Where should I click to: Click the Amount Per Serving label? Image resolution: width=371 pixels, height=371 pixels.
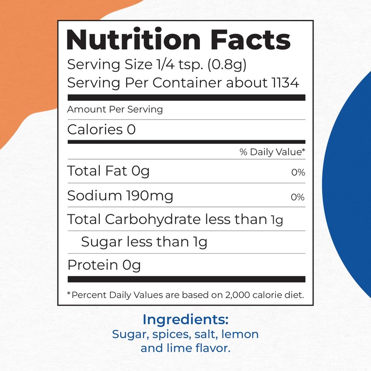pyautogui.click(x=115, y=109)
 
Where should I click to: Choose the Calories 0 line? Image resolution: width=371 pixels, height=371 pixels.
pyautogui.click(x=102, y=129)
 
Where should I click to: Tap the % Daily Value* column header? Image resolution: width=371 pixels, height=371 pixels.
pyautogui.click(x=272, y=152)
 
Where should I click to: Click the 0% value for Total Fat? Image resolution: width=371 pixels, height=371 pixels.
pyautogui.click(x=298, y=173)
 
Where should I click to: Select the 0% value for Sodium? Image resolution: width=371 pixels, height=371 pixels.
pyautogui.click(x=298, y=197)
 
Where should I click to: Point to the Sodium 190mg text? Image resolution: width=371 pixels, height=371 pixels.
pyautogui.click(x=120, y=196)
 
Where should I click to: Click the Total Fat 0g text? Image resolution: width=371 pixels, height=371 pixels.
pyautogui.click(x=109, y=171)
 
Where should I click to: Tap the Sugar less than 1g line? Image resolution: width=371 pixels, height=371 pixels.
pyautogui.click(x=144, y=242)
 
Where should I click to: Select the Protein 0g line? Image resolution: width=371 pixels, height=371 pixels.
pyautogui.click(x=104, y=265)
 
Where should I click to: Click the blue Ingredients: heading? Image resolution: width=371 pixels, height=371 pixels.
pyautogui.click(x=185, y=320)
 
